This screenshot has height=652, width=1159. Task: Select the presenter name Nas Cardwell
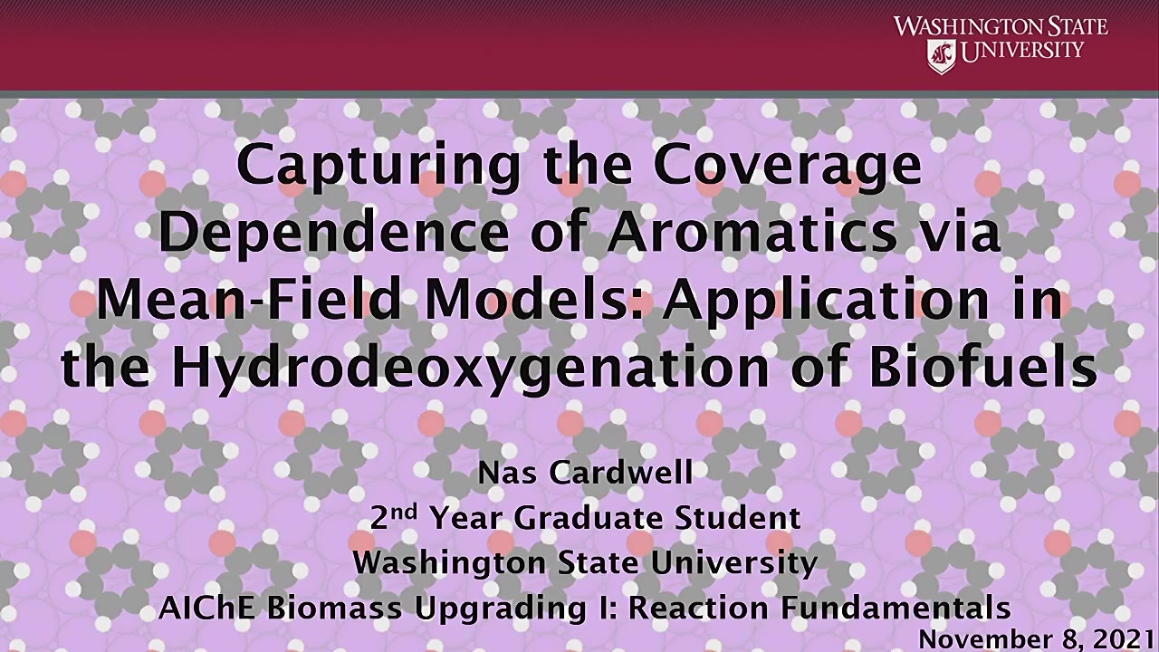(x=585, y=473)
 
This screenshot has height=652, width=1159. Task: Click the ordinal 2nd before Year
(x=393, y=517)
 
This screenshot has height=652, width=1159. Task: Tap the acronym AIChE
(x=206, y=608)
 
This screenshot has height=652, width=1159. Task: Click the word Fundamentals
(x=896, y=608)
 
